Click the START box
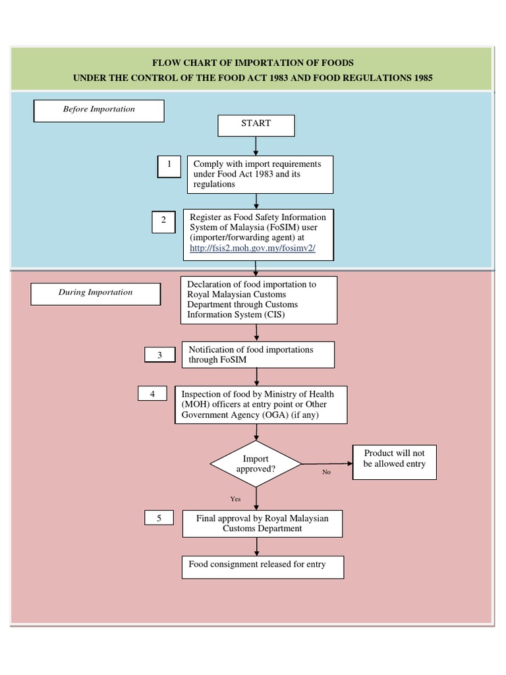pyautogui.click(x=256, y=125)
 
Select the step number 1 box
pyautogui.click(x=169, y=166)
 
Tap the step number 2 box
pyautogui.click(x=163, y=221)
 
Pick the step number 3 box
pyautogui.click(x=159, y=355)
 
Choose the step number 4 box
pyautogui.click(x=152, y=394)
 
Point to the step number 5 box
pyautogui.click(x=159, y=519)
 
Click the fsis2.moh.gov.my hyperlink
pyautogui.click(x=252, y=248)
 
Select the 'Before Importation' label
pyautogui.click(x=99, y=110)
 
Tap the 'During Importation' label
pyautogui.click(x=96, y=293)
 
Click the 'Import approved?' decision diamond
pyautogui.click(x=256, y=464)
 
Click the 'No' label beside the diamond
pyautogui.click(x=326, y=473)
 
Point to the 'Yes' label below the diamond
pyautogui.click(x=235, y=499)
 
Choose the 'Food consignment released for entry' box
pyautogui.click(x=262, y=566)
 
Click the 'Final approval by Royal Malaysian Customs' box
pyautogui.click(x=262, y=524)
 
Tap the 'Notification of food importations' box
pyautogui.click(x=258, y=355)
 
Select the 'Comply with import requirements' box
pyautogui.click(x=260, y=174)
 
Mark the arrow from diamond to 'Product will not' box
pyautogui.click(x=327, y=464)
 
